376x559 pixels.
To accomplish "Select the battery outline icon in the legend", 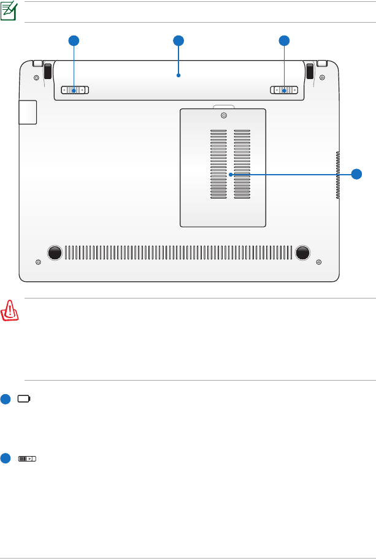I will [x=24, y=399].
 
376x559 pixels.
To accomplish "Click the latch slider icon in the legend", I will [x=28, y=458].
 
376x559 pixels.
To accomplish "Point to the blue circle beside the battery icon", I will [x=6, y=399].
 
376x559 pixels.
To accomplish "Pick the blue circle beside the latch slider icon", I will [x=6, y=458].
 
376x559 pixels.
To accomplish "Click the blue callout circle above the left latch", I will [x=74, y=40].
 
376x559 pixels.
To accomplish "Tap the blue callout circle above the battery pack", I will [x=178, y=40].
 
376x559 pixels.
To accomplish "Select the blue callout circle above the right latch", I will [x=284, y=40].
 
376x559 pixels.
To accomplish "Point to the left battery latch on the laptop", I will [x=75, y=91].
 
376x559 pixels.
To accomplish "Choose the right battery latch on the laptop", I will [x=285, y=91].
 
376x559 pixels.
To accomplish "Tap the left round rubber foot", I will [x=54, y=252].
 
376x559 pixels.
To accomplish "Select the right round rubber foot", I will [x=302, y=252].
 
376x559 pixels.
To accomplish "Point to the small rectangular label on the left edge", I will [x=28, y=112].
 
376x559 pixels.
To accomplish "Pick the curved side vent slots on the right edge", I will [x=337, y=175].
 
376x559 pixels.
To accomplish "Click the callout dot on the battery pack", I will [x=178, y=76].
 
